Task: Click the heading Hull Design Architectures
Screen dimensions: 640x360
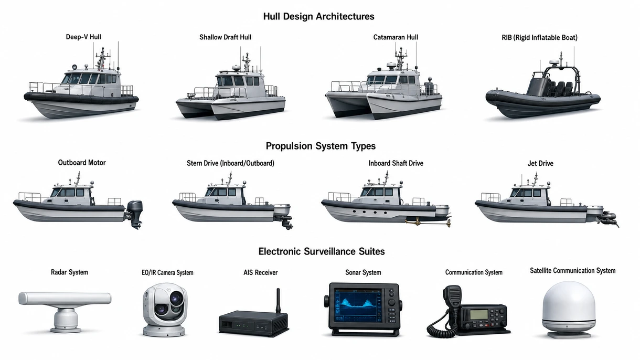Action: click(318, 16)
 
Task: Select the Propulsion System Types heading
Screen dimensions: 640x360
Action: click(321, 146)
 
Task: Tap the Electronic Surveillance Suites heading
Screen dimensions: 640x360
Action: click(322, 251)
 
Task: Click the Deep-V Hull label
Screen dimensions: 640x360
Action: click(83, 37)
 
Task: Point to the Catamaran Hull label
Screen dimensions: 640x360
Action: click(396, 37)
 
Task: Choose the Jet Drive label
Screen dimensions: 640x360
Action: click(540, 163)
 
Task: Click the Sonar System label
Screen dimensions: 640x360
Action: click(363, 272)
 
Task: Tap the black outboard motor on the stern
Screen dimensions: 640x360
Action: click(135, 214)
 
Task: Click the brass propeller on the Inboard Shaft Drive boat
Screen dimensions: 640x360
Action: click(447, 223)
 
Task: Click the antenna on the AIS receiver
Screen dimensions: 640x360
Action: click(278, 301)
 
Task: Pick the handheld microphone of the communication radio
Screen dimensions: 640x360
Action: click(452, 297)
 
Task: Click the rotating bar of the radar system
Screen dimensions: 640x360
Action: click(65, 298)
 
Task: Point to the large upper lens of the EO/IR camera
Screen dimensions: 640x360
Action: click(176, 298)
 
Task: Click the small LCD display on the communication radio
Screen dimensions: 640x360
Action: click(478, 314)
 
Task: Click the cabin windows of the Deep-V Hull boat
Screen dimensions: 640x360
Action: click(90, 78)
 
